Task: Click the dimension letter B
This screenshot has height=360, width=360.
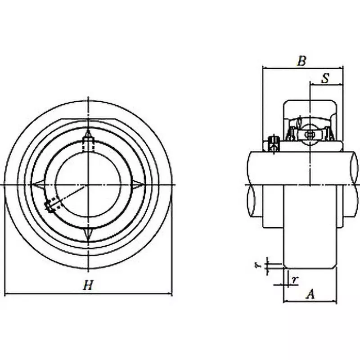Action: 302,61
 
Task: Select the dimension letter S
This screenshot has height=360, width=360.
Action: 325,78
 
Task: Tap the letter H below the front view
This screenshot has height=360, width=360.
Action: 88,284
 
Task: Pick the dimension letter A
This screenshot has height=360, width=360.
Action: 310,294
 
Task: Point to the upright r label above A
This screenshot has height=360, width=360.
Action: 294,279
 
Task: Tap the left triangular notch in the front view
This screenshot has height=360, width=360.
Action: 38,184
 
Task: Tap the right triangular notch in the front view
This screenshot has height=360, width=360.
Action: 138,184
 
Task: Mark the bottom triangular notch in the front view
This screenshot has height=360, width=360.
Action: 88,234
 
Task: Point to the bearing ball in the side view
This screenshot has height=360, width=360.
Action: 310,134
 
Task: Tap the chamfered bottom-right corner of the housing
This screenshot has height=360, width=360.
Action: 335,267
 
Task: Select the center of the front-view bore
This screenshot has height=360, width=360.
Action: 88,184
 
